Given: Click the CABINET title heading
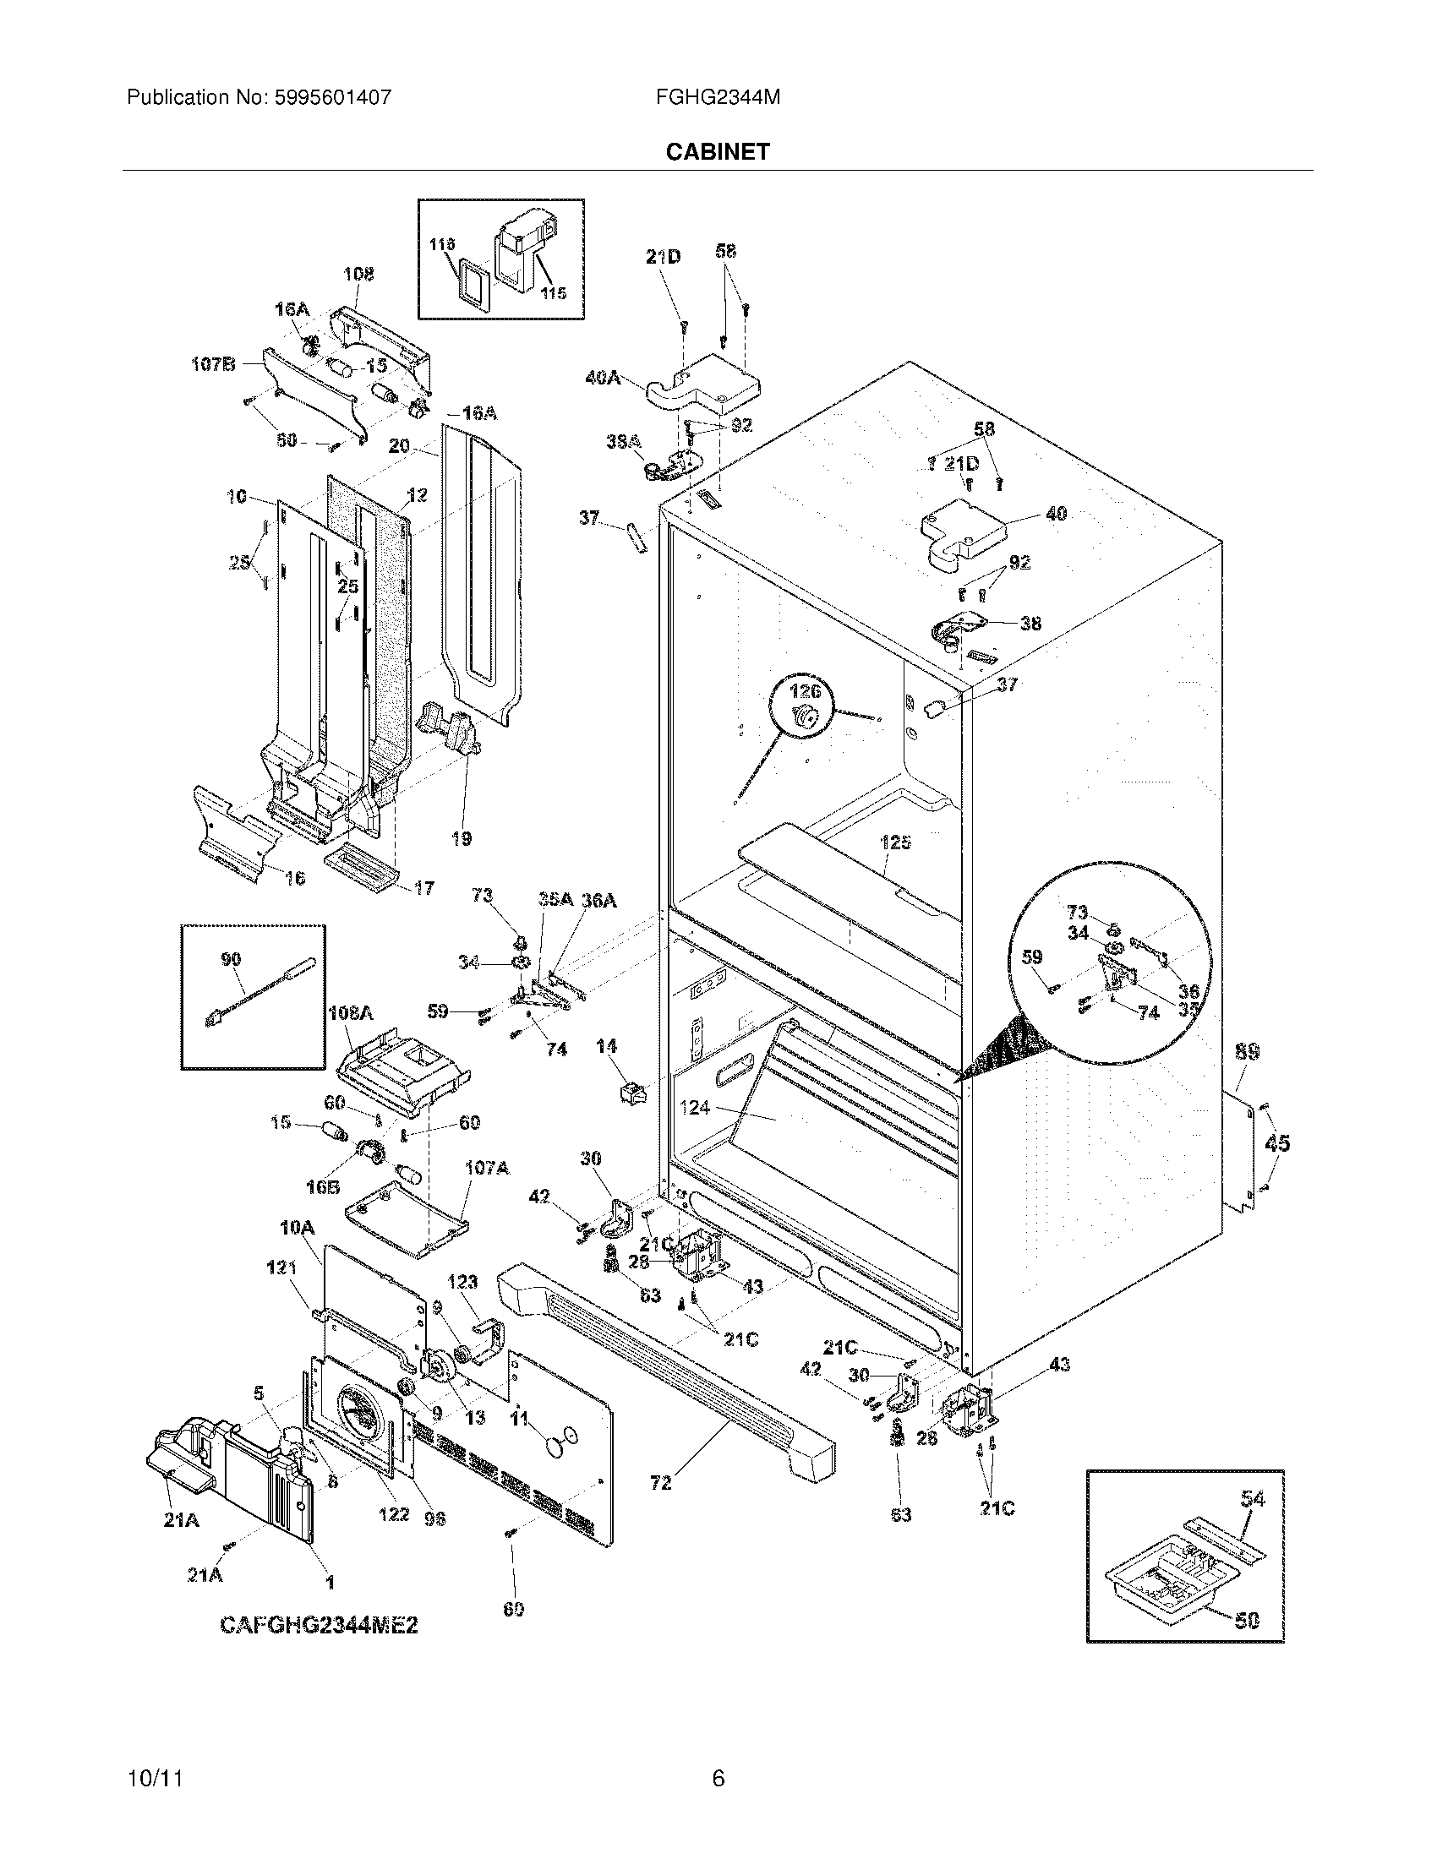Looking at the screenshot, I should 718,151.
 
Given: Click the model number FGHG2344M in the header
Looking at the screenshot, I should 718,98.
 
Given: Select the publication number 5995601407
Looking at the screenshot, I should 333,98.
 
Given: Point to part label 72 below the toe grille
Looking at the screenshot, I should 661,1483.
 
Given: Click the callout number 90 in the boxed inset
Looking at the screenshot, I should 231,959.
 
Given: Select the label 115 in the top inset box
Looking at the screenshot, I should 554,293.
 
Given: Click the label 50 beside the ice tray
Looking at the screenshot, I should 1245,1621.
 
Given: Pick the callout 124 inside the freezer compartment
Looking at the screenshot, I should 695,1109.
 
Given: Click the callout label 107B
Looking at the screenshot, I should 212,365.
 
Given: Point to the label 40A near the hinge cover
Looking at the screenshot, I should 603,377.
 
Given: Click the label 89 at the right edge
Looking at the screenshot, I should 1247,1052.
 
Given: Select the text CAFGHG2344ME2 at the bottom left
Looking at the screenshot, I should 320,1625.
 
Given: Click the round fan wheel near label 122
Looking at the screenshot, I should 357,1412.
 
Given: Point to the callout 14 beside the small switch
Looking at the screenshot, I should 606,1046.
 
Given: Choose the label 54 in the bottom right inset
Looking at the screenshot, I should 1252,1498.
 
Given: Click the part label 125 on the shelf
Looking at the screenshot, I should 895,842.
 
